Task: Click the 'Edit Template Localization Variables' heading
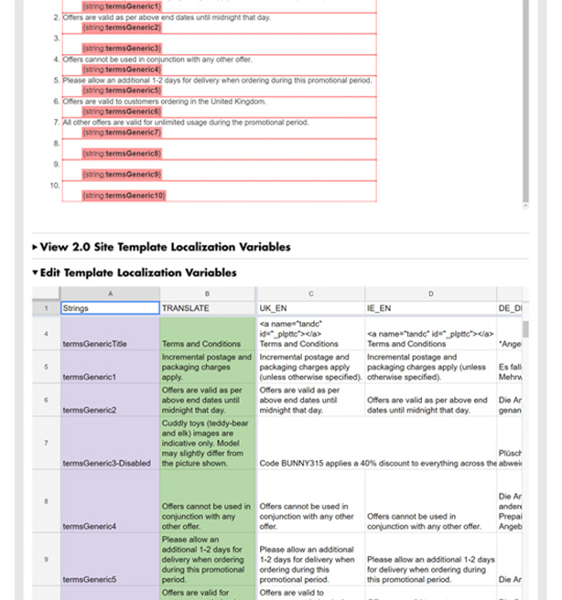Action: click(x=138, y=273)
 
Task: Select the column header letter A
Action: click(x=110, y=294)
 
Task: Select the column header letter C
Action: click(x=310, y=294)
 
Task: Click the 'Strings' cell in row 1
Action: click(x=110, y=308)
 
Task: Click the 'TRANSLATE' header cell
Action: click(x=208, y=308)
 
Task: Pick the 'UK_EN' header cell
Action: click(x=310, y=308)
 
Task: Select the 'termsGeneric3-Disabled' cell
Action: click(x=110, y=444)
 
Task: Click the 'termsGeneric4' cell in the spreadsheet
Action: click(x=110, y=502)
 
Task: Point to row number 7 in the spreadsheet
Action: click(x=46, y=444)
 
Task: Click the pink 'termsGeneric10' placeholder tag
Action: click(x=124, y=196)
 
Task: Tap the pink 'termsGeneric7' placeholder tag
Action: click(x=122, y=133)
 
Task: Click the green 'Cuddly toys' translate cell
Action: click(x=208, y=444)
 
